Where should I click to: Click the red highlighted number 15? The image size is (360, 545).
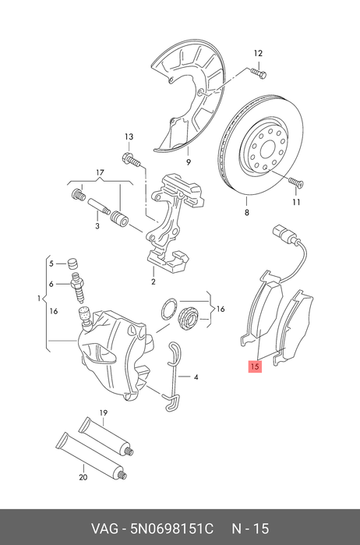coord(255,366)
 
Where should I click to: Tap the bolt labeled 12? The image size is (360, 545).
coord(258,73)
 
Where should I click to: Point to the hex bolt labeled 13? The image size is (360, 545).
coord(131,160)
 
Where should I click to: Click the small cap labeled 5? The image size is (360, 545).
coord(72,264)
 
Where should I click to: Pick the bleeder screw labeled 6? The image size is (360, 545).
coord(78,288)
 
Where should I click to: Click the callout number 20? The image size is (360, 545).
coord(83,477)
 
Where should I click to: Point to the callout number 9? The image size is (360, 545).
coord(189,162)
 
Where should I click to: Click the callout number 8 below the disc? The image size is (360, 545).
coord(247,212)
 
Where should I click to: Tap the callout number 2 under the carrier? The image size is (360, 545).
coord(154,281)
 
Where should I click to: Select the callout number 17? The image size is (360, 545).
coord(100,172)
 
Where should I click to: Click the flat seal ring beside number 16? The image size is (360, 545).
coord(169,308)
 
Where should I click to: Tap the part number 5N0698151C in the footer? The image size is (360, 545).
coord(171,529)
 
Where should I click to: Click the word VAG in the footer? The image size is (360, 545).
coord(104,529)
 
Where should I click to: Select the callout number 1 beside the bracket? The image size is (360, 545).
coord(40,298)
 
